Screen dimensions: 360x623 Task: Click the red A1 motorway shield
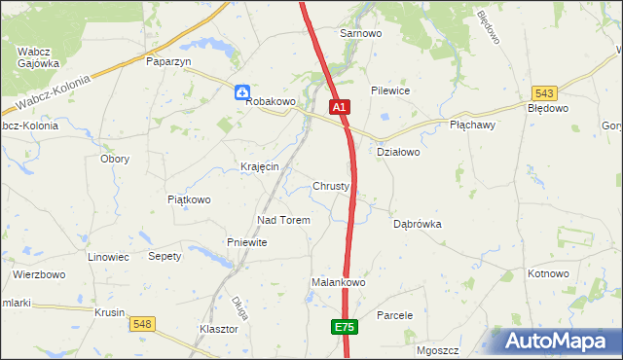pyautogui.click(x=338, y=107)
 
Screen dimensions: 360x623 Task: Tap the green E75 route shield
pyautogui.click(x=344, y=328)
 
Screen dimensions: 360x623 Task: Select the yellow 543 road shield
pyautogui.click(x=544, y=93)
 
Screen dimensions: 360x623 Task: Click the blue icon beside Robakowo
pyautogui.click(x=242, y=91)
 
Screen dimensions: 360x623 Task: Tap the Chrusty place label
pyautogui.click(x=331, y=186)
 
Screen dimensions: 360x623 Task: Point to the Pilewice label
pyautogui.click(x=389, y=90)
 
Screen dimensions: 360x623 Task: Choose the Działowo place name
pyautogui.click(x=397, y=152)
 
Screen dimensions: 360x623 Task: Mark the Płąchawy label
pyautogui.click(x=474, y=126)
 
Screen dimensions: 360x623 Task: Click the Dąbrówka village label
pyautogui.click(x=418, y=224)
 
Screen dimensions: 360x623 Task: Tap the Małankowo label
pyautogui.click(x=338, y=282)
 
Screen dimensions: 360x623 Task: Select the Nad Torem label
pyautogui.click(x=283, y=220)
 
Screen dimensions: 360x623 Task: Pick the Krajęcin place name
pyautogui.click(x=260, y=166)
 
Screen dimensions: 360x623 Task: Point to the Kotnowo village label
pyautogui.click(x=548, y=273)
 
